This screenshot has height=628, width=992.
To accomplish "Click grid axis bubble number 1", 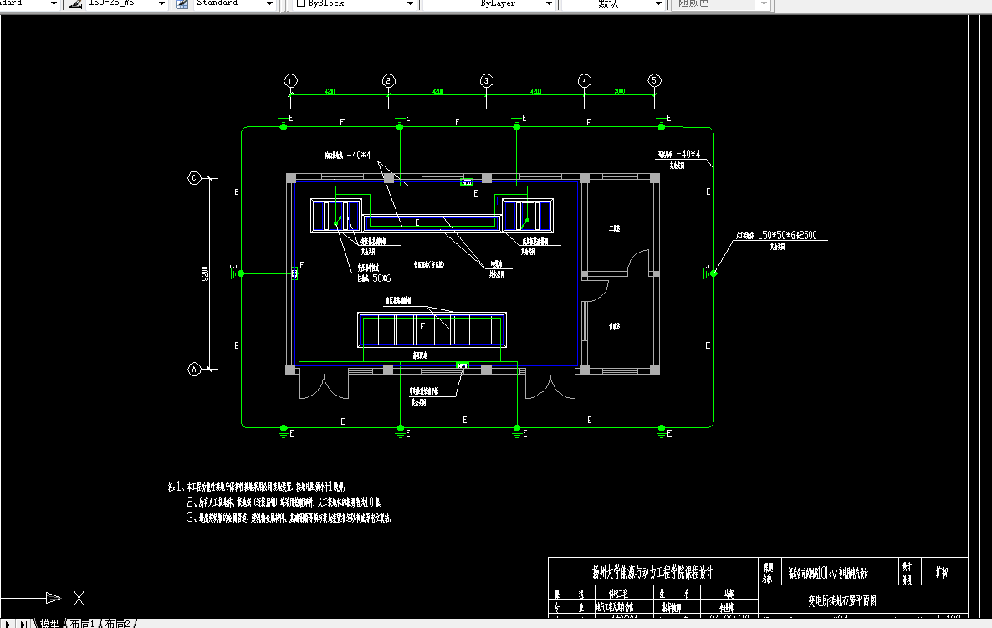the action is pyautogui.click(x=290, y=81).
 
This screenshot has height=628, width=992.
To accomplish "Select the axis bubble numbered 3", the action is pyautogui.click(x=487, y=81).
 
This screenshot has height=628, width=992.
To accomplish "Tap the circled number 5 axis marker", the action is pyautogui.click(x=655, y=81).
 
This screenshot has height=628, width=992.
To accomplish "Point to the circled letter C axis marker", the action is pyautogui.click(x=194, y=178).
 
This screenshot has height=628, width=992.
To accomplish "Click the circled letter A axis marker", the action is pyautogui.click(x=194, y=369).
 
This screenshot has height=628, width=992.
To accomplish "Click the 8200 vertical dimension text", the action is pyautogui.click(x=205, y=273).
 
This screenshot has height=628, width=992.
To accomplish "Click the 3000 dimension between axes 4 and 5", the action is pyautogui.click(x=620, y=90).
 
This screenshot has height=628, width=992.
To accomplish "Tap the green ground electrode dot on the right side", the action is pyautogui.click(x=713, y=273).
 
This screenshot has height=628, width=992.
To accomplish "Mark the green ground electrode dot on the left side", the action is pyautogui.click(x=241, y=273).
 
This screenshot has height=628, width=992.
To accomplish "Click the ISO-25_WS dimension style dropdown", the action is pyautogui.click(x=125, y=4).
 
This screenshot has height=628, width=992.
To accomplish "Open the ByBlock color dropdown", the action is pyautogui.click(x=355, y=4).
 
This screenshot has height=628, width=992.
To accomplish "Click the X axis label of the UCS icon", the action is pyautogui.click(x=79, y=598).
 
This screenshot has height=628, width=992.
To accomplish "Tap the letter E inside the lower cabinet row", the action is pyautogui.click(x=422, y=326).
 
